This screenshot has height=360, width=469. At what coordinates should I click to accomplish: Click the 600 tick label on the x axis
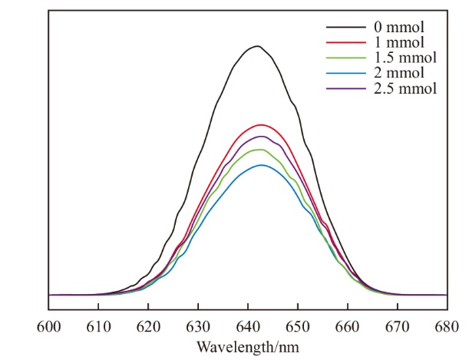[48, 326]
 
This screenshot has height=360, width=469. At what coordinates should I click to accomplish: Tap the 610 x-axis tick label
[98, 326]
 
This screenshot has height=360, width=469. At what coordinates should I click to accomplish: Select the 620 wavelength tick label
[148, 326]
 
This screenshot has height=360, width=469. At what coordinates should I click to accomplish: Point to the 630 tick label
[198, 326]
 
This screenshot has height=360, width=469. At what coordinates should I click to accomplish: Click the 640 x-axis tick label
[248, 326]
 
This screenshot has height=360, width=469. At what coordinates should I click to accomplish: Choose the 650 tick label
[298, 326]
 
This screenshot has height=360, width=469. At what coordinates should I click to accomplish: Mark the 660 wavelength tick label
[348, 326]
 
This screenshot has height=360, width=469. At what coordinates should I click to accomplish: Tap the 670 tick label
[398, 326]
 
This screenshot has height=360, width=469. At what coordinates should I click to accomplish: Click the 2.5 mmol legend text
[401, 88]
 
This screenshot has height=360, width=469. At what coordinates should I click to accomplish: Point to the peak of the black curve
[258, 46]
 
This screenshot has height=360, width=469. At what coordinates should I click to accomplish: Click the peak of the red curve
[262, 124]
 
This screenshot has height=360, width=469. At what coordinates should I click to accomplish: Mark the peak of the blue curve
[262, 165]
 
